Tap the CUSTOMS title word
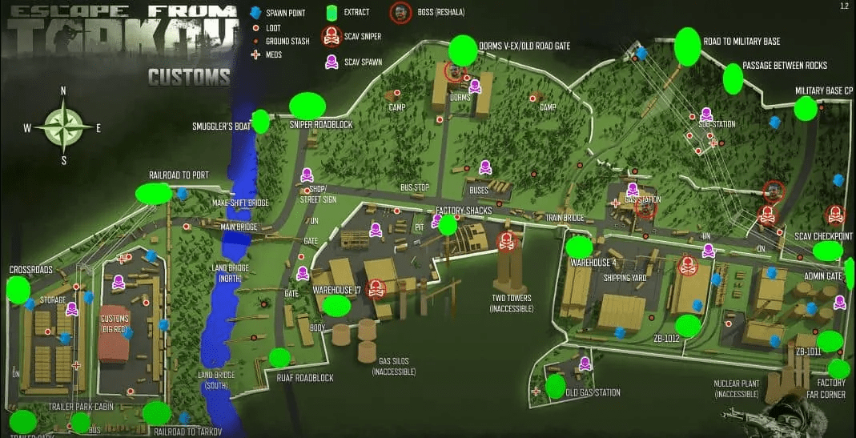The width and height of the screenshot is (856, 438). pyautogui.click(x=189, y=77)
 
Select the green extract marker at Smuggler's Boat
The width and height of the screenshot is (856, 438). pyautogui.click(x=260, y=122)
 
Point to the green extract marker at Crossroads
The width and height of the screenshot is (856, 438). pyautogui.click(x=18, y=290)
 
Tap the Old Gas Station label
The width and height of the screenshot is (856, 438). pyautogui.click(x=593, y=392)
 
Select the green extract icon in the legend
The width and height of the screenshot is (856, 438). pyautogui.click(x=331, y=13)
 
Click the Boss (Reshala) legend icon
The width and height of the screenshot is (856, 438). pyautogui.click(x=400, y=13)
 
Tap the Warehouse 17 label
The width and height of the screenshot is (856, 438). pyautogui.click(x=337, y=289)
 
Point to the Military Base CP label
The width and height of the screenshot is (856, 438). pyautogui.click(x=823, y=91)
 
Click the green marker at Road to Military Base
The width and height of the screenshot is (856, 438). pyautogui.click(x=687, y=46)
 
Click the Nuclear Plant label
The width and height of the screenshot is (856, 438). pyautogui.click(x=736, y=388)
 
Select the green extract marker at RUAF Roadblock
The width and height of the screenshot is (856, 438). pyautogui.click(x=279, y=358)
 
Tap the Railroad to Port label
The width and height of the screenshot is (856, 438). pyautogui.click(x=179, y=175)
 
